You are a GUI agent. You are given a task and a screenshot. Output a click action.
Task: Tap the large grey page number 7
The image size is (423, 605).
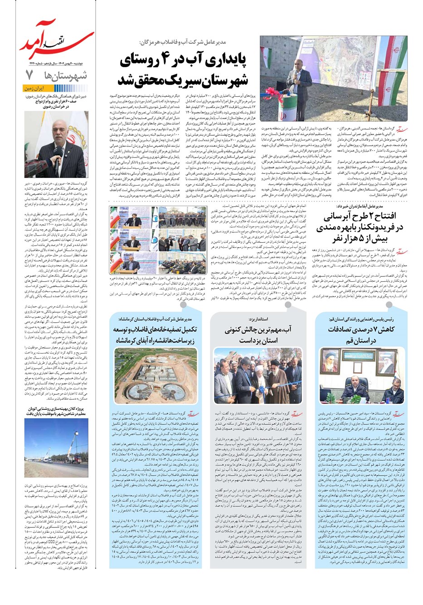(x=29, y=74)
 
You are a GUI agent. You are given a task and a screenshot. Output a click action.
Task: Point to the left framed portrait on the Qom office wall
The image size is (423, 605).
(x=329, y=360)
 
